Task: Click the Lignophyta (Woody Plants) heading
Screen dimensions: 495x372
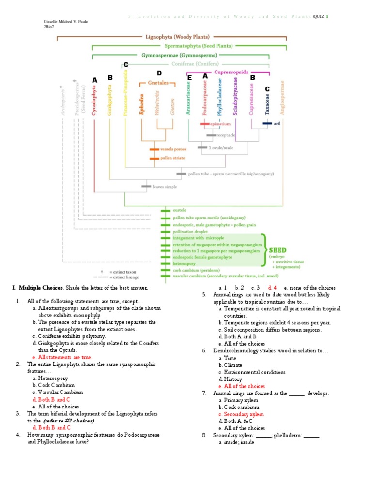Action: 178,36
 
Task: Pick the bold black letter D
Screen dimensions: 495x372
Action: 159,73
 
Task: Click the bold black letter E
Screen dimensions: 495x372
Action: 189,78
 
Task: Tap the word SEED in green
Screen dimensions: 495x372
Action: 278,250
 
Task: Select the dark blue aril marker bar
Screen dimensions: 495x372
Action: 267,123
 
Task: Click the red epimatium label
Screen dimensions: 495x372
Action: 220,124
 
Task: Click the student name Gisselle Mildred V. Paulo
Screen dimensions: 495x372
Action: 66,22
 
